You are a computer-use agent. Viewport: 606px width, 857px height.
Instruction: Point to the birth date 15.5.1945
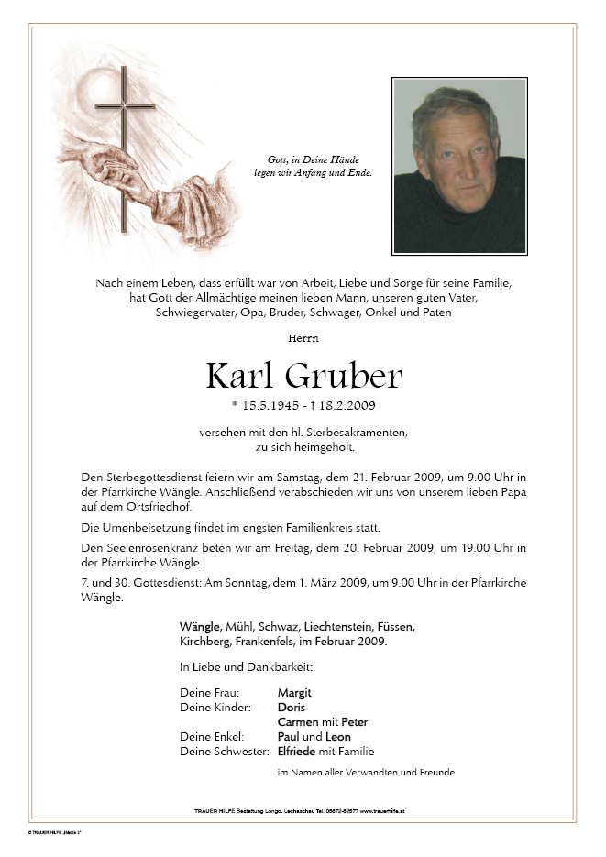click(x=273, y=405)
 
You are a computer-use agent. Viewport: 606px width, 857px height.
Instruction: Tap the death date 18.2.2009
click(x=347, y=405)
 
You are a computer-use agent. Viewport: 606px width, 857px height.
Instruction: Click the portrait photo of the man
click(x=459, y=166)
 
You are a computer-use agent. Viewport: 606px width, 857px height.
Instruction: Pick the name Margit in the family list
click(x=294, y=693)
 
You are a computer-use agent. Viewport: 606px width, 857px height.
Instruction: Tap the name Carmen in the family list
click(x=297, y=722)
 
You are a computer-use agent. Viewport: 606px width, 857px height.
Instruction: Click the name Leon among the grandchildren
click(x=338, y=737)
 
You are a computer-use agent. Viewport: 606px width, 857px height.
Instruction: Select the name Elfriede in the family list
click(x=299, y=752)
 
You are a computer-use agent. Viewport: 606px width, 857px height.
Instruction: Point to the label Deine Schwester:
click(x=225, y=752)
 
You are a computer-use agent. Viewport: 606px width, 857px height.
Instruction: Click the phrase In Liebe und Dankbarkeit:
click(x=246, y=667)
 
